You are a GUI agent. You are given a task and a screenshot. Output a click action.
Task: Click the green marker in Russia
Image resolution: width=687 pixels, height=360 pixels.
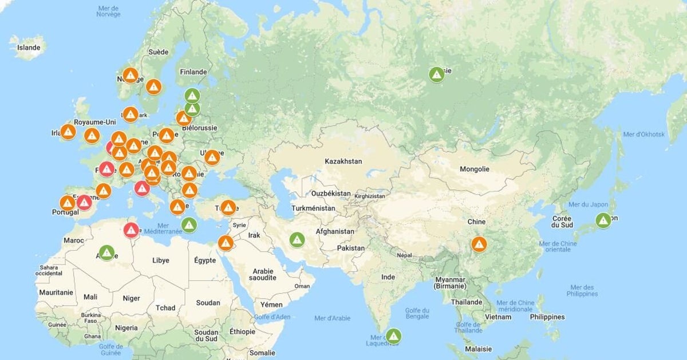[x=437, y=74]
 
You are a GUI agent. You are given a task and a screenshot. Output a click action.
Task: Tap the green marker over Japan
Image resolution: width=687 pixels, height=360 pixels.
[x=603, y=220]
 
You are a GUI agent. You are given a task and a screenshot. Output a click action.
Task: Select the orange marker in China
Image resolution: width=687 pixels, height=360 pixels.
[x=479, y=244]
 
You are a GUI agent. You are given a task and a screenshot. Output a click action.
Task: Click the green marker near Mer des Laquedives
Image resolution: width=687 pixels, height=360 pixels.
[x=393, y=336]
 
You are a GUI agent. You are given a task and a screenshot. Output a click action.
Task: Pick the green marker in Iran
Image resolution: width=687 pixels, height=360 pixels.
[x=297, y=239]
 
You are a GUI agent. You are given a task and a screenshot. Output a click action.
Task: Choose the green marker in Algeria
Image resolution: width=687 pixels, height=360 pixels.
[x=106, y=252]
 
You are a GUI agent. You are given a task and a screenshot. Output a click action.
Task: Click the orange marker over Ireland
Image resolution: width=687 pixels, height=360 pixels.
[x=68, y=132]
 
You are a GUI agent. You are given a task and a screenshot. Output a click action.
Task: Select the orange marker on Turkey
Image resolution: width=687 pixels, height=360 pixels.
[x=228, y=207]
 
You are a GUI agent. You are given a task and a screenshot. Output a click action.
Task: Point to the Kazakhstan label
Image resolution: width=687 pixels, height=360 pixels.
[x=343, y=161]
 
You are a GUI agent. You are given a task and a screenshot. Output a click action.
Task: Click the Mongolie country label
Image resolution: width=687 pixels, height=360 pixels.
[x=475, y=169]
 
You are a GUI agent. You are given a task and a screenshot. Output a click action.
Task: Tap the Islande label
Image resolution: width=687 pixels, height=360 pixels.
[x=29, y=48]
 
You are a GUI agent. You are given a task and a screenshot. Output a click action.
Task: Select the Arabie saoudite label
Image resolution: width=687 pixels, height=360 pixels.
[x=264, y=274]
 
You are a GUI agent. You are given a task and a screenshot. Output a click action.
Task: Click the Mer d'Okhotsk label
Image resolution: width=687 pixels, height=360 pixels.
[x=643, y=134]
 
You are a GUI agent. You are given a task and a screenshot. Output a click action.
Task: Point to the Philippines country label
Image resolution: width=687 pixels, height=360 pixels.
[x=547, y=317]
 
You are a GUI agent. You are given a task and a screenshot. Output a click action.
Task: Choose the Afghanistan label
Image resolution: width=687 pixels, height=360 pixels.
[x=335, y=232]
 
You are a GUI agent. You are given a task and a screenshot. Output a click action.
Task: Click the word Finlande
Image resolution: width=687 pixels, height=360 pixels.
[x=193, y=72]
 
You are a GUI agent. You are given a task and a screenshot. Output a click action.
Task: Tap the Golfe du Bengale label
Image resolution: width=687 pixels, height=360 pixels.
[x=417, y=313]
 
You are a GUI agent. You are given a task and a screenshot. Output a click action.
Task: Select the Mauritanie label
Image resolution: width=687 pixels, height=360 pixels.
[x=56, y=292]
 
